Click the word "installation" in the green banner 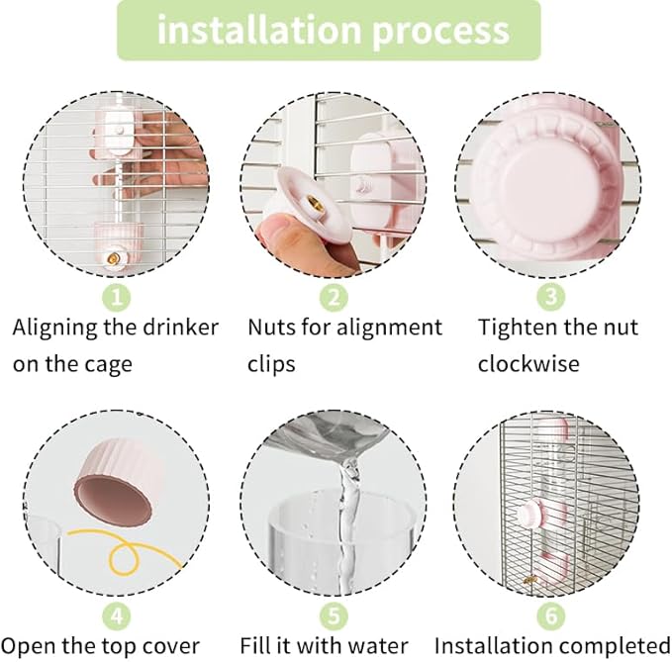[259, 29]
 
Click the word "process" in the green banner [441, 33]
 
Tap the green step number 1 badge [117, 297]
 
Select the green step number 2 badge [334, 297]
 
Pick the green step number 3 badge [551, 297]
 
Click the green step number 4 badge [117, 616]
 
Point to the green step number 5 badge [334, 616]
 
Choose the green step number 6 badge [551, 616]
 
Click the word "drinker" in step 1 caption [180, 327]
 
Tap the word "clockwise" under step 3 [528, 364]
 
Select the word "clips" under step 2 [271, 365]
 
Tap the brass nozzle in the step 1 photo [114, 258]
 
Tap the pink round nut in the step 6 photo [531, 515]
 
